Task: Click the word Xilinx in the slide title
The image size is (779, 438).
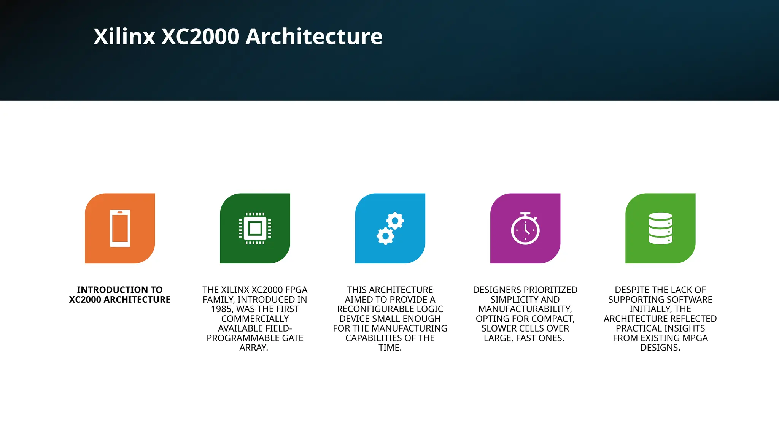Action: coord(124,37)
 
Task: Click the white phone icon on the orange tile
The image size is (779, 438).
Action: coord(120,229)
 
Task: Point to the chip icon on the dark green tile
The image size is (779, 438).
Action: coord(255,229)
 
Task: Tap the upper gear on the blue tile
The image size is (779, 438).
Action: coord(395,221)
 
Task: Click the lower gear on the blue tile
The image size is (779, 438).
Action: coord(385,236)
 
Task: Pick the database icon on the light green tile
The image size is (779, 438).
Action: coord(660,228)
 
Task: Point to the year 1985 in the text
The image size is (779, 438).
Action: coord(222,309)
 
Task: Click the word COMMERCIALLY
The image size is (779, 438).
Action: coord(255,319)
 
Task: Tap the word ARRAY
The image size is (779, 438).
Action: coord(253,348)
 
